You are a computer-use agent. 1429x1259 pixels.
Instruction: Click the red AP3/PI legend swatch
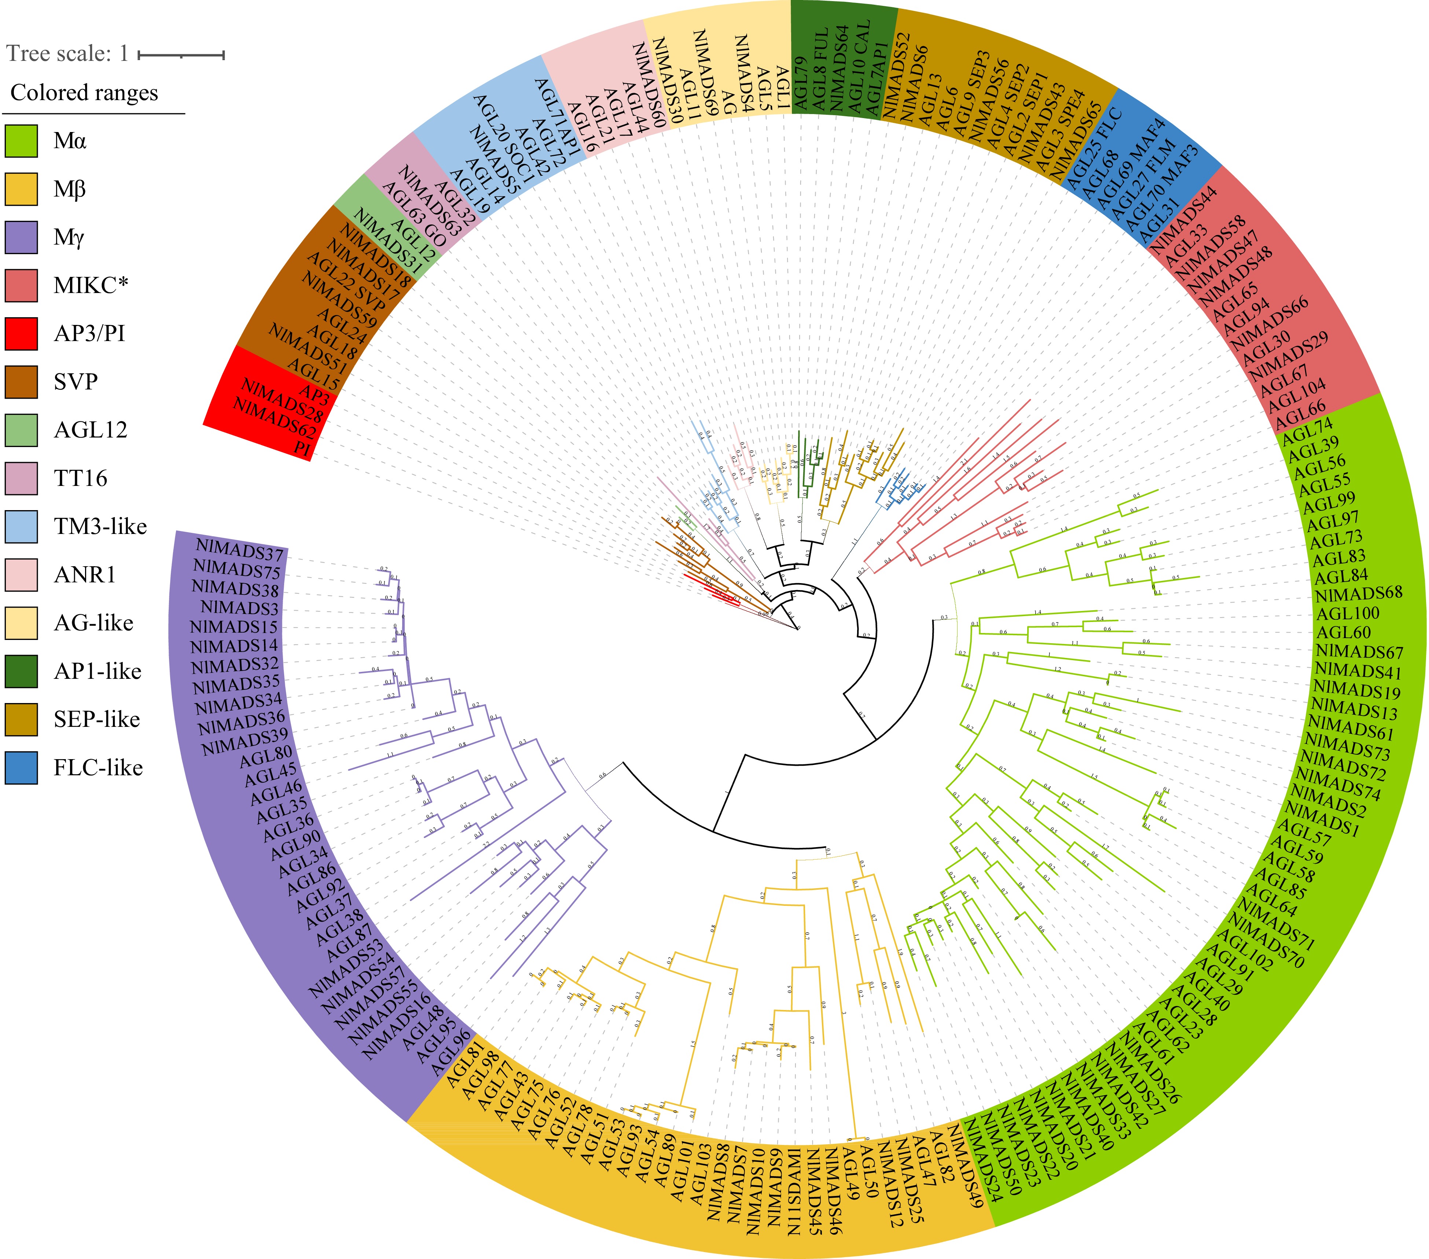[21, 334]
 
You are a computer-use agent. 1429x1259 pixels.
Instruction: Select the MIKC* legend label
[91, 285]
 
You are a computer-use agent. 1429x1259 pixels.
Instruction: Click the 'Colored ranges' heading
[84, 93]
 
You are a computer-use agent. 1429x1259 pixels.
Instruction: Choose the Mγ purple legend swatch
[21, 237]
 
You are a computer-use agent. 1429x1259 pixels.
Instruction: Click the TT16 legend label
[80, 479]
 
